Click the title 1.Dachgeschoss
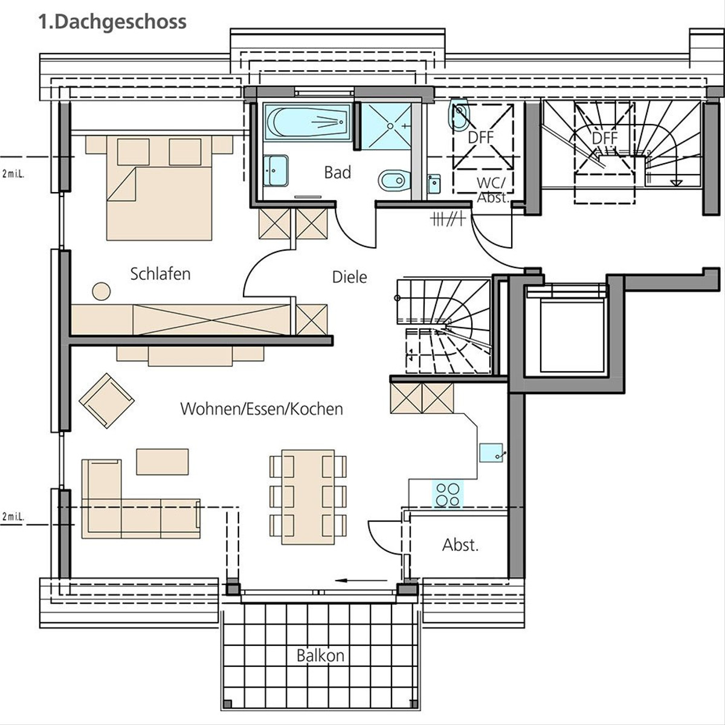[112, 22]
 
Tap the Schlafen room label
[160, 274]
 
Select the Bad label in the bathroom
[338, 172]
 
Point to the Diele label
[350, 277]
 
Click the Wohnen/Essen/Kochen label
[262, 409]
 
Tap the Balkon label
[321, 656]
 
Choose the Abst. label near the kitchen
[460, 545]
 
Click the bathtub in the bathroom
[308, 122]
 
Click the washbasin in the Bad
[275, 171]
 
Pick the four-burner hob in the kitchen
[448, 494]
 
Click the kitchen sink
[491, 453]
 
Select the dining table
[308, 497]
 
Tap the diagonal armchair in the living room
[107, 401]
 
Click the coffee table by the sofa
[162, 462]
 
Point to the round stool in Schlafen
[101, 291]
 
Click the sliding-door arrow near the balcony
[361, 581]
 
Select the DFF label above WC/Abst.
[480, 138]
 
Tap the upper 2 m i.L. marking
[13, 174]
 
